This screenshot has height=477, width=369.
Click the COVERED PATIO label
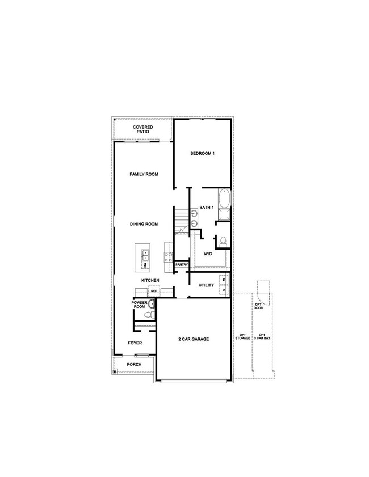pyautogui.click(x=143, y=130)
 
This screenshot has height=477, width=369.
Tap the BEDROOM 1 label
pyautogui.click(x=202, y=154)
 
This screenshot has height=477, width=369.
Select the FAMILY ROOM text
pyautogui.click(x=143, y=174)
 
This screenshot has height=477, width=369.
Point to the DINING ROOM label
pyautogui.click(x=143, y=224)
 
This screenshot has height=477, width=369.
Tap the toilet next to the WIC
pyautogui.click(x=223, y=241)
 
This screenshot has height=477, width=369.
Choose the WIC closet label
pyautogui.click(x=207, y=254)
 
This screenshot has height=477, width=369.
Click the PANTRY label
pyautogui.click(x=182, y=265)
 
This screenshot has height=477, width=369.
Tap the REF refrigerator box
pyautogui.click(x=153, y=291)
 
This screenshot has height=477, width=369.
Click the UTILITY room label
pyautogui.click(x=206, y=285)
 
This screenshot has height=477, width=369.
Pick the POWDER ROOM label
pyautogui.click(x=139, y=304)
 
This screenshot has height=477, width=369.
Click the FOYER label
pyautogui.click(x=135, y=343)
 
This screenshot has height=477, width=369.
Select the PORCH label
pyautogui.click(x=134, y=364)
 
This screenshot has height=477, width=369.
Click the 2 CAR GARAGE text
pyautogui.click(x=194, y=339)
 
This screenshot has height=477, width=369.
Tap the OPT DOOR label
pyautogui.click(x=258, y=306)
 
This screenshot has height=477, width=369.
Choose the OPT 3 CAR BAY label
pyautogui.click(x=262, y=336)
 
